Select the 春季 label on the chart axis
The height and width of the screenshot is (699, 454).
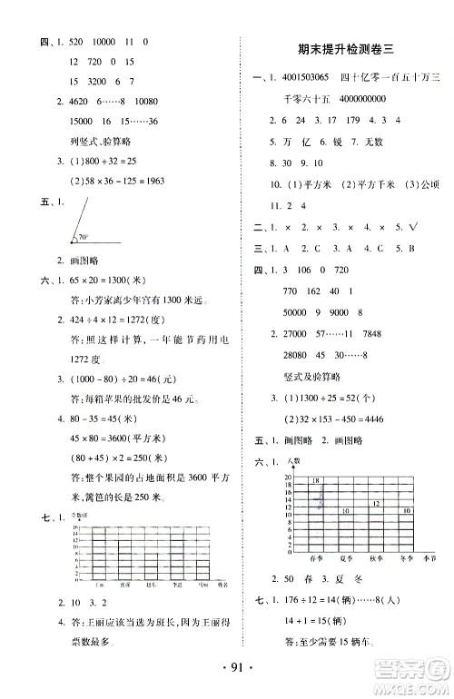coord(318,558)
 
